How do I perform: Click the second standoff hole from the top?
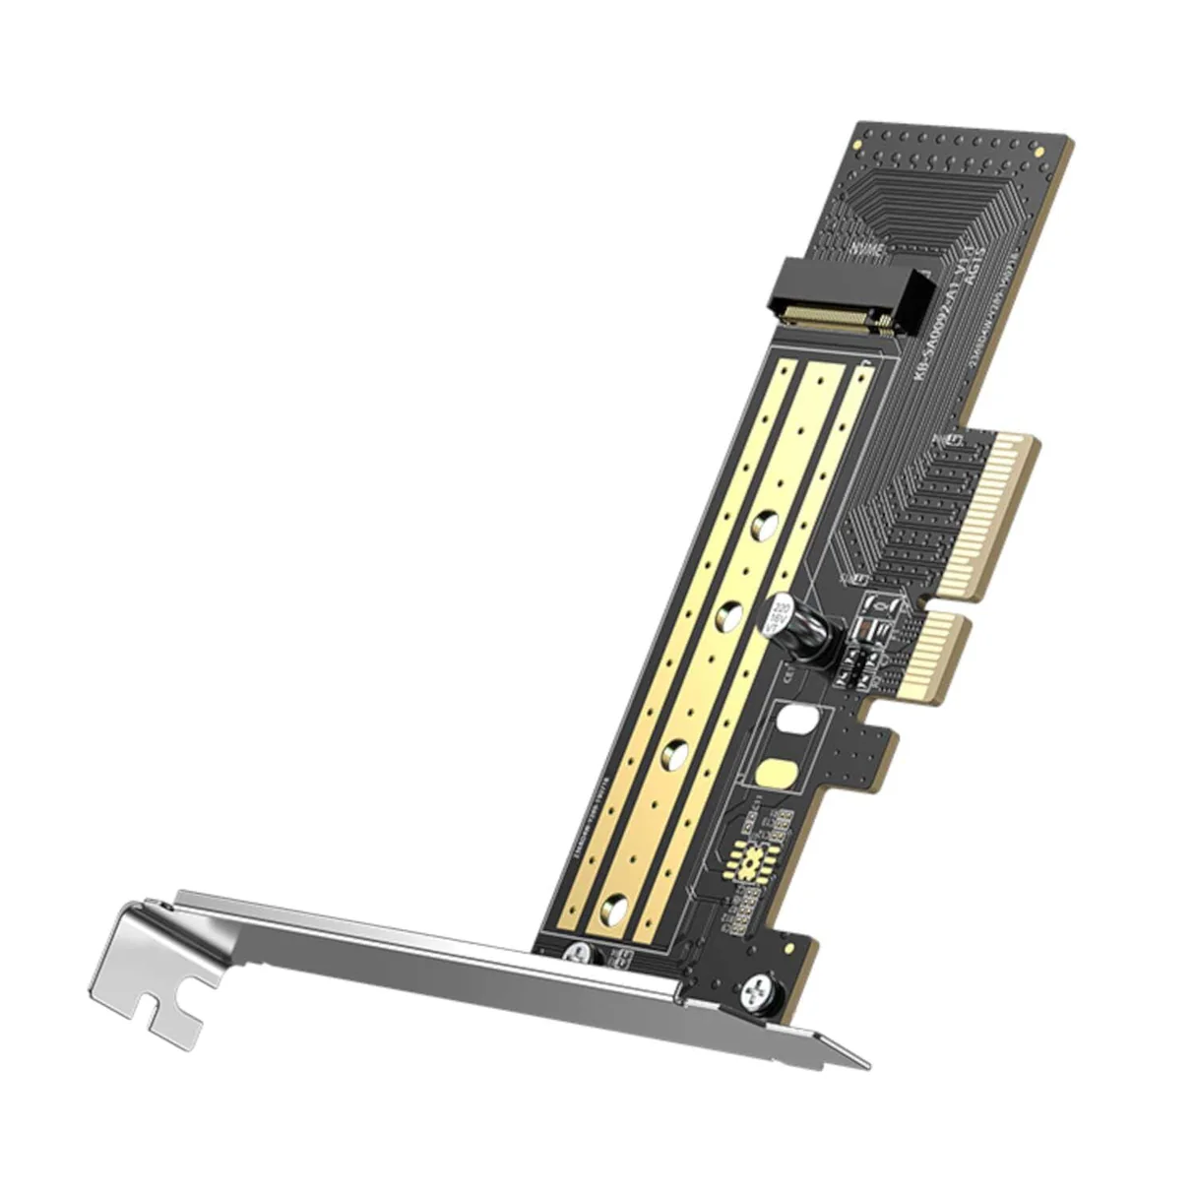tap(729, 618)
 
